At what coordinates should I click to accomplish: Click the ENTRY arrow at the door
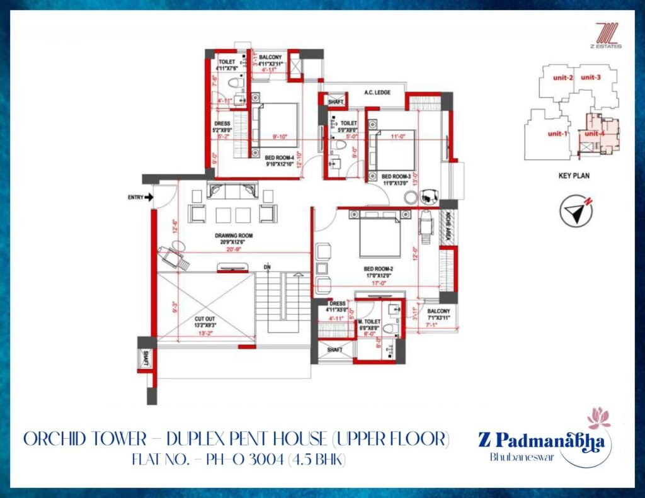pos(149,197)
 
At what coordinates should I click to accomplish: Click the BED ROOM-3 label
pos(396,176)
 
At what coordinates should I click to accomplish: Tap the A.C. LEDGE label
pos(377,93)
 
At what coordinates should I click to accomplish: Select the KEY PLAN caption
pos(574,176)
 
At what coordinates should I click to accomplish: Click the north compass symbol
pos(576,212)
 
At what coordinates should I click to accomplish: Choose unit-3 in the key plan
pos(591,77)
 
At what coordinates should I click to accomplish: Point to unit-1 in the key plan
pos(557,133)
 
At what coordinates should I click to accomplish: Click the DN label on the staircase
pos(267,268)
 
